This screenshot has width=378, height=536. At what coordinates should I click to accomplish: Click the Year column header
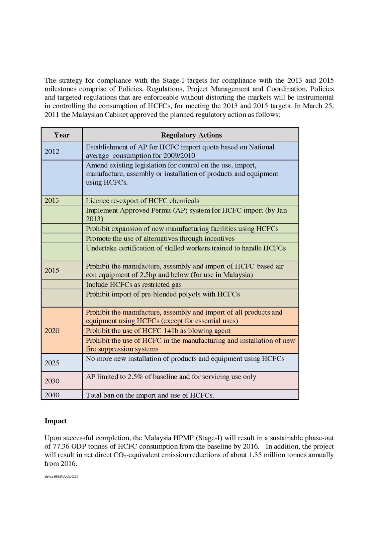click(62, 135)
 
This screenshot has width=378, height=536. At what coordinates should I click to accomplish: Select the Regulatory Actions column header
click(191, 135)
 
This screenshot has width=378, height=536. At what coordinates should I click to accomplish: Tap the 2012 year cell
click(52, 151)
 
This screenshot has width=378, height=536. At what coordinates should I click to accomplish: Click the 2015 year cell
click(52, 271)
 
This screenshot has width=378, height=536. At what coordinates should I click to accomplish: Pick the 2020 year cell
click(52, 331)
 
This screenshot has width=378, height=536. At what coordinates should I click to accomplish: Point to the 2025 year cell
click(52, 363)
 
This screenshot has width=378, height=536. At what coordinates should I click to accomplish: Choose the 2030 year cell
click(52, 381)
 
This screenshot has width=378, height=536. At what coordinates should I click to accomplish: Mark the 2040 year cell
click(52, 395)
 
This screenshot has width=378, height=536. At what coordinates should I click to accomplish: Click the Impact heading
click(56, 421)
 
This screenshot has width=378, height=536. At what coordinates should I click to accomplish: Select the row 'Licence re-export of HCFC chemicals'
click(143, 201)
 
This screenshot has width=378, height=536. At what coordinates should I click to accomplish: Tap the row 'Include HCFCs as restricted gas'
click(133, 285)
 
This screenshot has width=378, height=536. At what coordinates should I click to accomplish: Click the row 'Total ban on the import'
click(150, 395)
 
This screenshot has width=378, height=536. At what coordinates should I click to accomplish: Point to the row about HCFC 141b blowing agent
click(158, 331)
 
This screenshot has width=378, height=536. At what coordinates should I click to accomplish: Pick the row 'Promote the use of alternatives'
click(160, 239)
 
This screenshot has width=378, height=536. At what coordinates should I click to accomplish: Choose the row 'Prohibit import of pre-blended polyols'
click(163, 294)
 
